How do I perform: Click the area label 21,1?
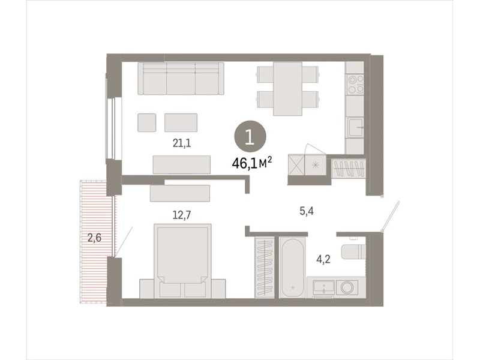coord(182,143)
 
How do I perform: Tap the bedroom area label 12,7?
coord(182,215)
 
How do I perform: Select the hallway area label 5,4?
coord(307,211)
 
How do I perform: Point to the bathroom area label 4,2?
coord(323,259)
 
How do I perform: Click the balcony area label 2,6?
coord(94,237)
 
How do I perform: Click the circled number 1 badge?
coord(250,136)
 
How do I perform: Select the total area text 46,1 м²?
coord(252,163)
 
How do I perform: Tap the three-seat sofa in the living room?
coord(181,79)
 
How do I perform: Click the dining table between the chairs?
coord(287,88)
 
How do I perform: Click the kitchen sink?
coord(355,128)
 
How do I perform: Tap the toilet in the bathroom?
coord(353,251)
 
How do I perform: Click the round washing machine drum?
coord(347,288)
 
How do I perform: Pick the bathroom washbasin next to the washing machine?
coord(323,288)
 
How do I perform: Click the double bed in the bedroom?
coord(183,260)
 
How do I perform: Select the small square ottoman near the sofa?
coord(146,122)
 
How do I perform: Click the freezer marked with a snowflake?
coord(316,165)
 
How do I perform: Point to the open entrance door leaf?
coord(391,216)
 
